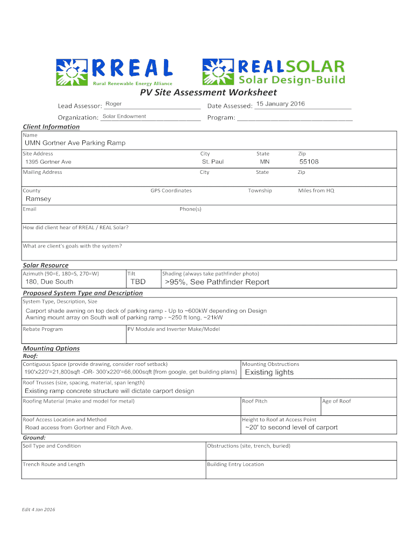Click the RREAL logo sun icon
(71, 72)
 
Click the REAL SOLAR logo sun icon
(217, 72)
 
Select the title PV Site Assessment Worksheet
(209, 93)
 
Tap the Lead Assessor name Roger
(113, 103)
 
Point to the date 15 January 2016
(280, 104)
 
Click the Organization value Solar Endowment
(124, 116)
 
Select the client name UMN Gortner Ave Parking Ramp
(75, 143)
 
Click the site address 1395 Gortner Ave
(48, 162)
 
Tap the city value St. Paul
(213, 161)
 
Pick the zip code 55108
(309, 161)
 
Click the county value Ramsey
(39, 199)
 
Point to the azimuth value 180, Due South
(49, 282)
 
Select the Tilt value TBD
(138, 282)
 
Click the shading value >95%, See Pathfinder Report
(217, 282)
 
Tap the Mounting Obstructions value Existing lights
(269, 372)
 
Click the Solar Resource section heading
(46, 265)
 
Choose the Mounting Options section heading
(51, 348)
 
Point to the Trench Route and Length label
(54, 464)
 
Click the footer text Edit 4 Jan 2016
(38, 509)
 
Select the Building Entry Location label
(235, 464)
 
